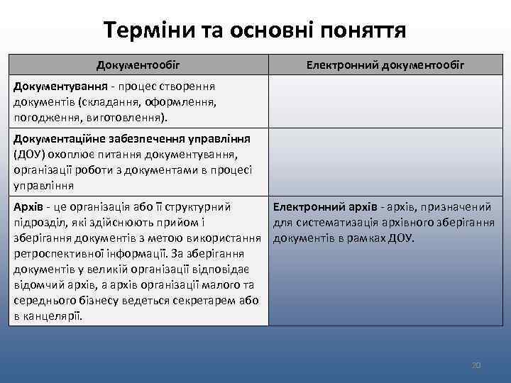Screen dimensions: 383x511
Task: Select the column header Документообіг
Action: (x=138, y=65)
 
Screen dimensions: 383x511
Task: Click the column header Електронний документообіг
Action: (x=385, y=65)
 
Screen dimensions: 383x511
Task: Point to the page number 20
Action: (x=476, y=365)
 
